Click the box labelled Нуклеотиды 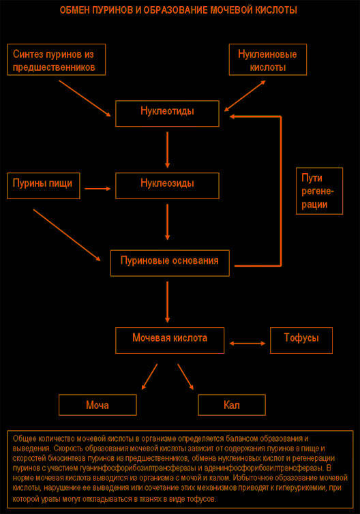[x=167, y=113]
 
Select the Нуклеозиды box [x=167, y=185]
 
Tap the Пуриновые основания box [x=170, y=263]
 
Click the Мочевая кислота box [x=170, y=340]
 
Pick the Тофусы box [x=301, y=340]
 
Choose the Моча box [x=97, y=405]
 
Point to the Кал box [x=232, y=405]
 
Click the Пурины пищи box [x=44, y=185]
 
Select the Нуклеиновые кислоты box [x=268, y=59]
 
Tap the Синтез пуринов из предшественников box [x=57, y=59]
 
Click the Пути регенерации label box [x=319, y=191]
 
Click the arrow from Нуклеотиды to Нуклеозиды [x=167, y=150]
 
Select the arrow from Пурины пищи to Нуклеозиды [x=97, y=188]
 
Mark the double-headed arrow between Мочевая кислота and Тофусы [x=247, y=343]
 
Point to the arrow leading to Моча [x=149, y=376]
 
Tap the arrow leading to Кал [x=185, y=376]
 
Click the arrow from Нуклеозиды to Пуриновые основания [x=167, y=222]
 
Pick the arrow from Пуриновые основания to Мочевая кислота [x=167, y=302]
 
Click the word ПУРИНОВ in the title [x=112, y=10]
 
